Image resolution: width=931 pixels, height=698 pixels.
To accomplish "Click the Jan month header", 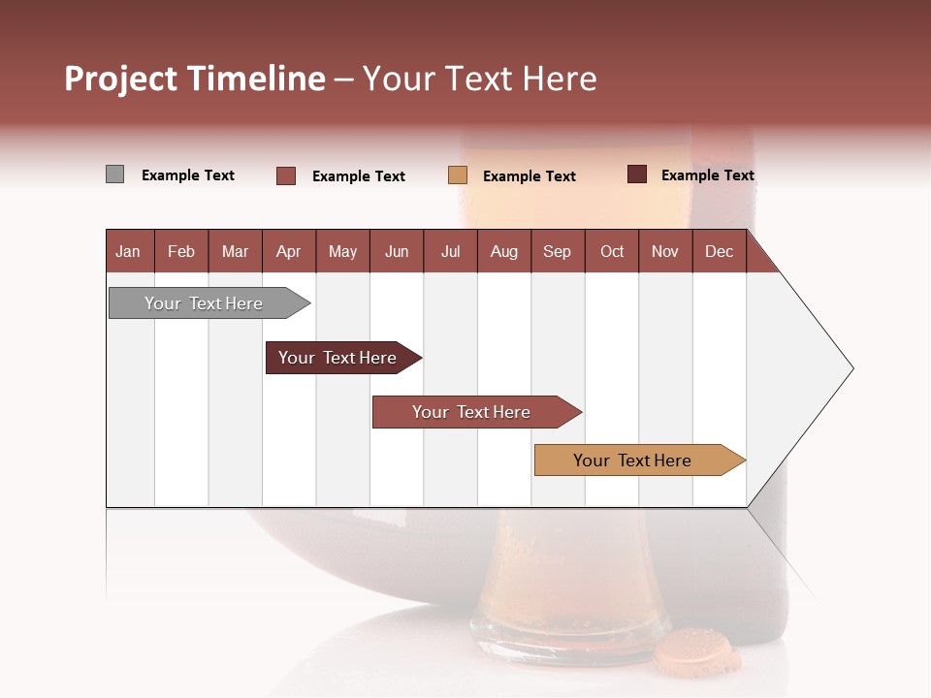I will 129,251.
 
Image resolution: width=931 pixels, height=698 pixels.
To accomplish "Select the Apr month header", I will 289,251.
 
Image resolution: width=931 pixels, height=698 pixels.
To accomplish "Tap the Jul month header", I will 450,251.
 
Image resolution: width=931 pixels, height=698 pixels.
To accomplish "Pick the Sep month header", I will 558,251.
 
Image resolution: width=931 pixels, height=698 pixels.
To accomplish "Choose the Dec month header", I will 719,251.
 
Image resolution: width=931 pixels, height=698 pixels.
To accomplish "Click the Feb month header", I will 181,251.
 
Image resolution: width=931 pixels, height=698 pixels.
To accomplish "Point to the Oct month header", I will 612,251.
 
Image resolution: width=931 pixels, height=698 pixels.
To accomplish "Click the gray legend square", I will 114,174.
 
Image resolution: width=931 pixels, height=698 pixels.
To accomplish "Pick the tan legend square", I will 458,174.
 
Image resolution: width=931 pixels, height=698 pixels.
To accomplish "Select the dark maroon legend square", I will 637,174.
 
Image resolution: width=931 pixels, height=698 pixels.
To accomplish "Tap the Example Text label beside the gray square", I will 188,175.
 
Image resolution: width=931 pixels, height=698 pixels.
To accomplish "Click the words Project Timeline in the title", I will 194,79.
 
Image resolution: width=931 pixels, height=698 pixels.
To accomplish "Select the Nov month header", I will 665,251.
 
